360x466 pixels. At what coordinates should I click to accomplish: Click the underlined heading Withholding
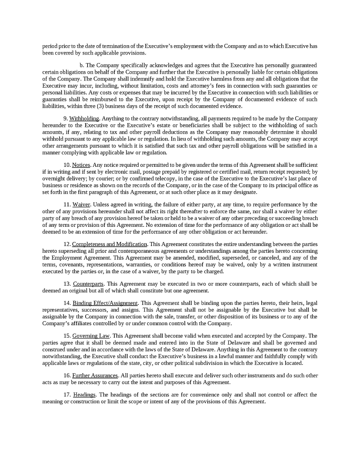pyautogui.click(x=84, y=118)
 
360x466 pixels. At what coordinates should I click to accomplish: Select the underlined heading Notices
pyautogui.click(x=82, y=165)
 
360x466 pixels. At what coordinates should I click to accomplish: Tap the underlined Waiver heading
pyautogui.click(x=81, y=204)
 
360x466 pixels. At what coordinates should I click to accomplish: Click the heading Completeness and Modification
pyautogui.click(x=110, y=244)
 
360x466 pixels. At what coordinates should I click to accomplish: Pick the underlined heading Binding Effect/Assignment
pyautogui.click(x=105, y=303)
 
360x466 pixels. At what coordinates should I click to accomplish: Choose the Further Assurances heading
pyautogui.click(x=95, y=376)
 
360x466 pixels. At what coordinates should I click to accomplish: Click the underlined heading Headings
pyautogui.click(x=84, y=395)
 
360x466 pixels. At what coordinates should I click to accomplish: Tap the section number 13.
pyautogui.click(x=67, y=284)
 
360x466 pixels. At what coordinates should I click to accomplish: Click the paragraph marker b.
pyautogui.click(x=82, y=65)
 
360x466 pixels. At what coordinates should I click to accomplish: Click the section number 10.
pyautogui.click(x=67, y=165)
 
